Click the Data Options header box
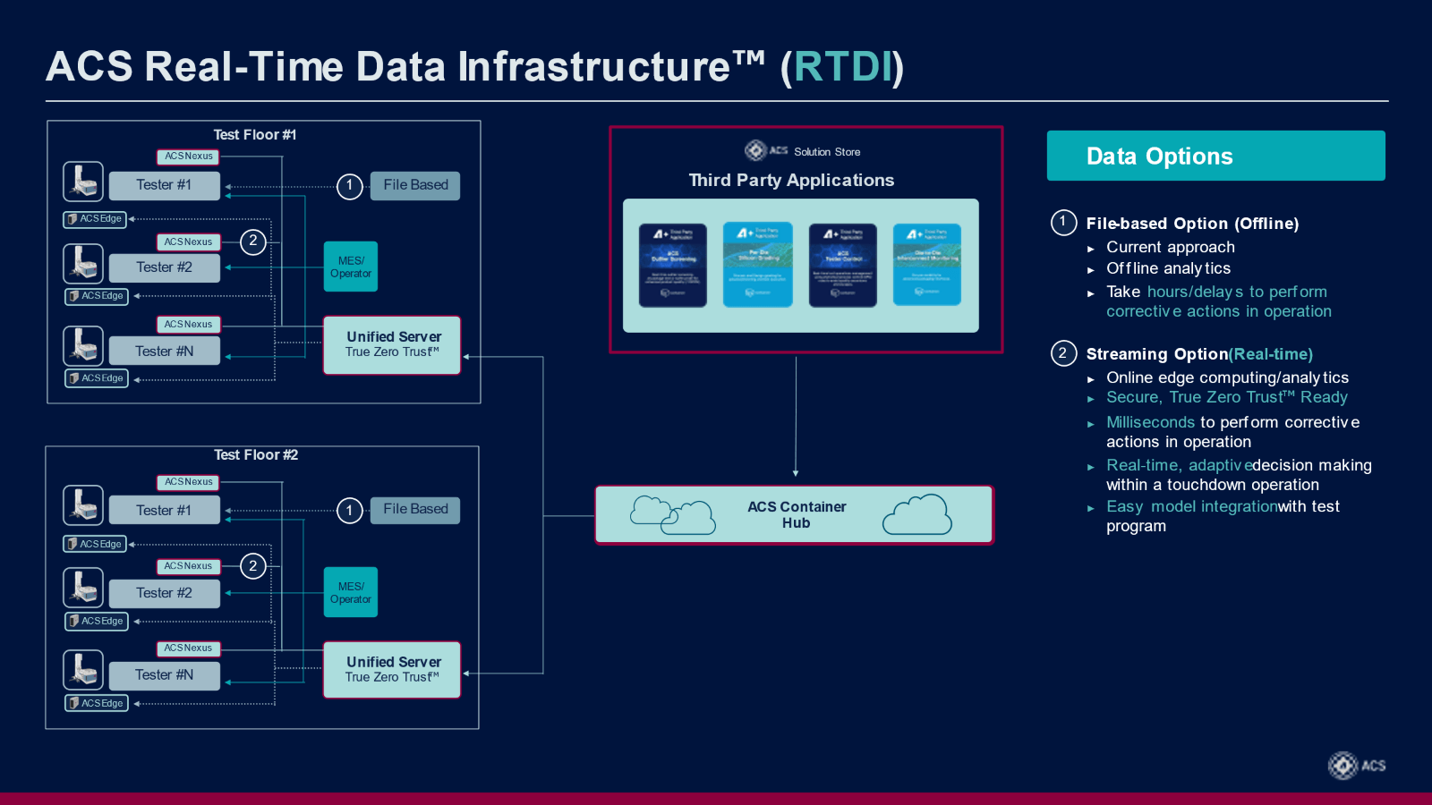tap(1215, 156)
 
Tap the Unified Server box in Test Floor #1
tap(392, 344)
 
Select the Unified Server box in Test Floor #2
tap(392, 670)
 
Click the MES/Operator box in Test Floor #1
tap(351, 267)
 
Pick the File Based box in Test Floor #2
tap(415, 510)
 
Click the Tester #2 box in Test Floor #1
tap(164, 267)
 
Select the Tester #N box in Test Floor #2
tap(164, 675)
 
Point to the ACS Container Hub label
tap(796, 514)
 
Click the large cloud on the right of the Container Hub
tap(917, 514)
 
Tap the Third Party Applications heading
tap(791, 180)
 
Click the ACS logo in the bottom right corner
tap(1356, 766)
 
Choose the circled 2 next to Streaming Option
tap(1063, 353)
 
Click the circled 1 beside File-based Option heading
tap(1063, 223)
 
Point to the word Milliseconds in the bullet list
tap(1150, 422)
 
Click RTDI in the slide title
tap(842, 67)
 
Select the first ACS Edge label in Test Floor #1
tap(96, 219)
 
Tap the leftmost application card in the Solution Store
tap(673, 265)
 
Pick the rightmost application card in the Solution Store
tap(927, 265)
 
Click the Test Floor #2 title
tap(255, 454)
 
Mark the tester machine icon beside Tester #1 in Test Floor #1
tap(83, 182)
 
